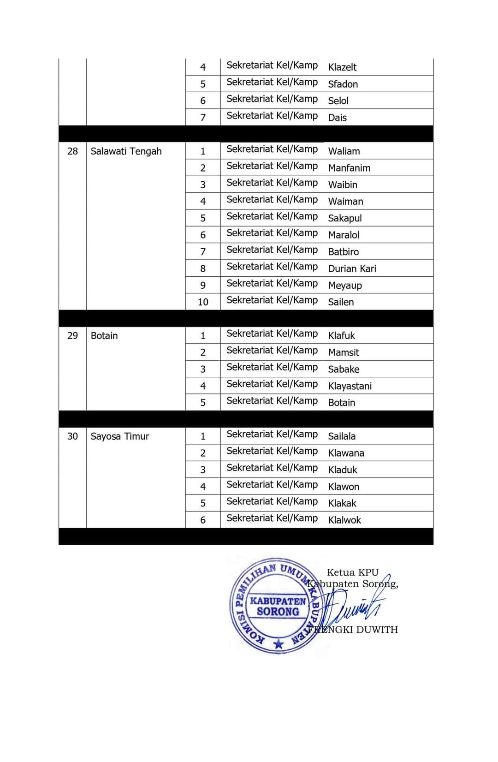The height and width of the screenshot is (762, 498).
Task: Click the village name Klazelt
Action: click(x=342, y=67)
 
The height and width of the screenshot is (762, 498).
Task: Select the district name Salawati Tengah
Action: click(x=126, y=151)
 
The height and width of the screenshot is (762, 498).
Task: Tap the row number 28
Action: click(x=72, y=151)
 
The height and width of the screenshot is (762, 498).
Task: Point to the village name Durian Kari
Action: click(x=352, y=268)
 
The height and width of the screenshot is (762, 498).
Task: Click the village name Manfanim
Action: click(x=349, y=168)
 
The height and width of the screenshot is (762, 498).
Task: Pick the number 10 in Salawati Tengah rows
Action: click(x=203, y=302)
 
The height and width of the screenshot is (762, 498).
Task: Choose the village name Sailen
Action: click(x=341, y=302)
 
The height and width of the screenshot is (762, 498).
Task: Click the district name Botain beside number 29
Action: click(x=104, y=336)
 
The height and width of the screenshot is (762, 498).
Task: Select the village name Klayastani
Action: click(x=350, y=386)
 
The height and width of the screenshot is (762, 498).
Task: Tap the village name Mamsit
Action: click(x=344, y=352)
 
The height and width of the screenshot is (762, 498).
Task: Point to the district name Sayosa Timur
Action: click(x=120, y=436)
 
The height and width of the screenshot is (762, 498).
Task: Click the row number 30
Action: click(x=72, y=436)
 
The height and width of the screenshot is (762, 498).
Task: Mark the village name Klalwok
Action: click(x=344, y=520)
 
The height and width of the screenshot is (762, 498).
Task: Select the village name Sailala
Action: click(x=342, y=436)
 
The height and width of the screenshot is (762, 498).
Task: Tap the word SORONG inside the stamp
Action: click(x=278, y=612)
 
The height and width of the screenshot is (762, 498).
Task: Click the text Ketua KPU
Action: click(x=352, y=572)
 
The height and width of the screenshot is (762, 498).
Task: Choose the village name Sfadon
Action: click(x=343, y=84)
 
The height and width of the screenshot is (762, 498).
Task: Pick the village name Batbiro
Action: click(x=343, y=252)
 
